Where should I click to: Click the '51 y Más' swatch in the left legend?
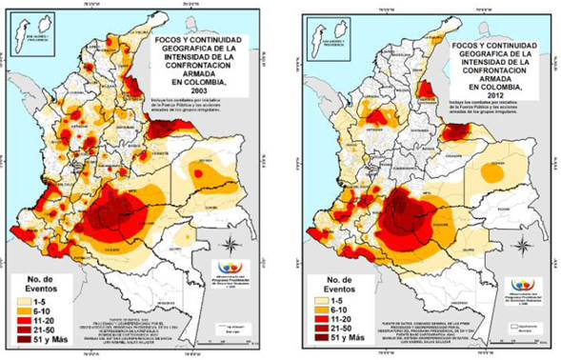point(22,340)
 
